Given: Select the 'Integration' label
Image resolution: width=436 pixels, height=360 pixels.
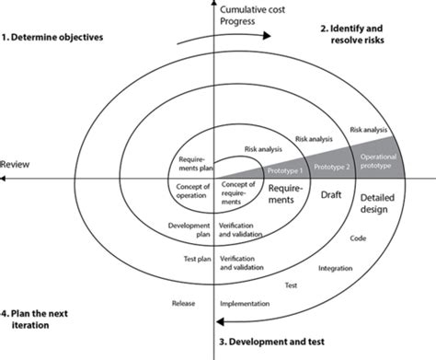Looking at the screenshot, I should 334,268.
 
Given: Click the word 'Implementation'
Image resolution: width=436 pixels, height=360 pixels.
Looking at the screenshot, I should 244,303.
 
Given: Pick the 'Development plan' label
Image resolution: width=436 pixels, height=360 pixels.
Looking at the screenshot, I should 190,229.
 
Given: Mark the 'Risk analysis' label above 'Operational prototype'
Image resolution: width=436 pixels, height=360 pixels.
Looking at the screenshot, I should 368,129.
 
